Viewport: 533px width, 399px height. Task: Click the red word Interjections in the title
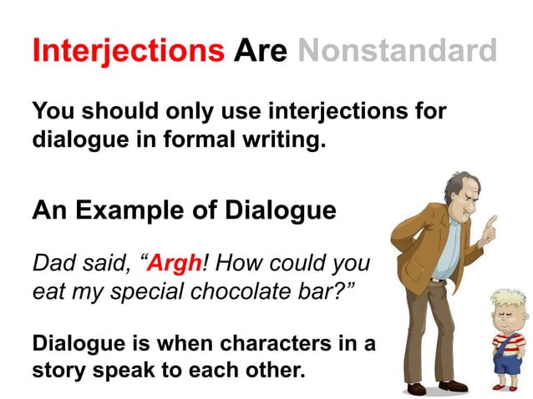pos(128,51)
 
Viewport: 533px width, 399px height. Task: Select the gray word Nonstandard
pos(397,51)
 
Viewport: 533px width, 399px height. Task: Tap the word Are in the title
pos(261,51)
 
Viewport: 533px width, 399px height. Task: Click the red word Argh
pos(176,265)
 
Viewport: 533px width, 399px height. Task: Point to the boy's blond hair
pos(506,299)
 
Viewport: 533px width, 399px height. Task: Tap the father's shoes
pos(434,386)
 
